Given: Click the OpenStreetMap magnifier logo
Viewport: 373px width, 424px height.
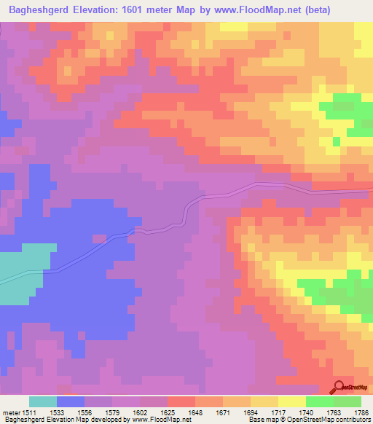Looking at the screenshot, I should [339, 388].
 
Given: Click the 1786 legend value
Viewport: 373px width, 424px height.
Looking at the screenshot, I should [361, 412].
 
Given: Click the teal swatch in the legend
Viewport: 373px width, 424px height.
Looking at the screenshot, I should [43, 401].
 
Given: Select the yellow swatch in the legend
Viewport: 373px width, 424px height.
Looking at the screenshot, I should [292, 401].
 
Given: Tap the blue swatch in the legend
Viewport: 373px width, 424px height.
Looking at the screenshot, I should [71, 401].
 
